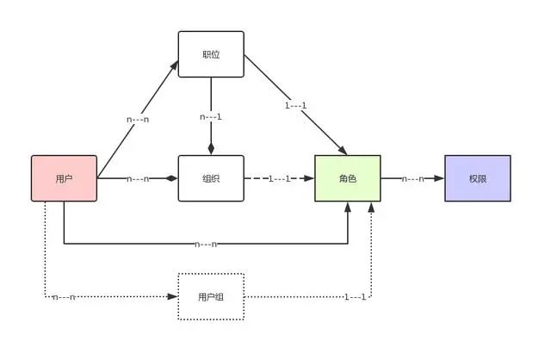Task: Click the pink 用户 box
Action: pyautogui.click(x=64, y=178)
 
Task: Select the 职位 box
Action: pyautogui.click(x=211, y=54)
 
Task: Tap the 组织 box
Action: pyautogui.click(x=211, y=178)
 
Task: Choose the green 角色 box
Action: pyautogui.click(x=347, y=178)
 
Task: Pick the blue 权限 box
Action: pyautogui.click(x=478, y=178)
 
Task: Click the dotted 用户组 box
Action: pyautogui.click(x=211, y=297)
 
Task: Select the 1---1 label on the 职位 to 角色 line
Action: pyautogui.click(x=297, y=106)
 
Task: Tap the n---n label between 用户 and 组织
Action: pyautogui.click(x=139, y=178)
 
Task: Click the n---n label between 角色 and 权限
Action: pyautogui.click(x=412, y=178)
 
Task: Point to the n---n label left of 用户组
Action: pyautogui.click(x=64, y=297)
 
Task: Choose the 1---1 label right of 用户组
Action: pyautogui.click(x=356, y=297)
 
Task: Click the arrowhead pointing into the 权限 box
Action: pyautogui.click(x=439, y=178)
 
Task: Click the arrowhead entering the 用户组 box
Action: pyautogui.click(x=172, y=297)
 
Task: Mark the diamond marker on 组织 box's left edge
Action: pyautogui.click(x=171, y=178)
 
